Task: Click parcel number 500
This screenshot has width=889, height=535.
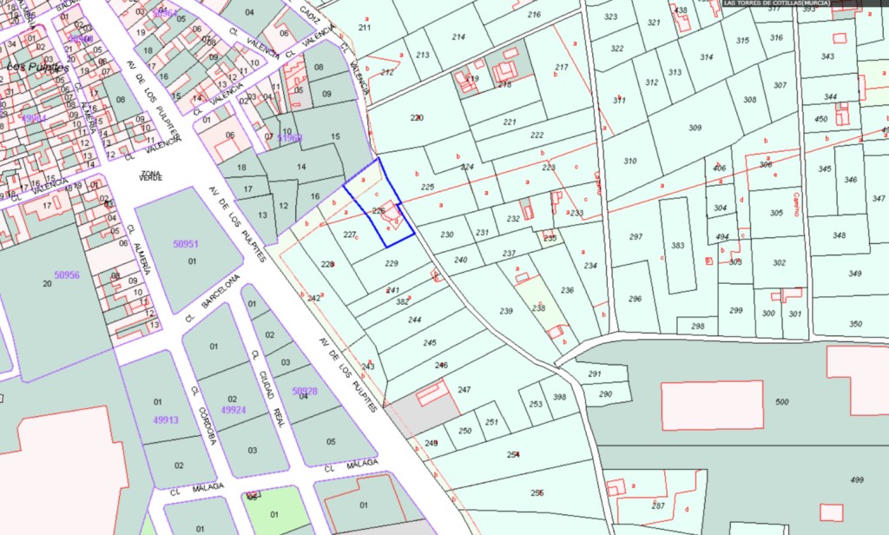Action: coord(782,401)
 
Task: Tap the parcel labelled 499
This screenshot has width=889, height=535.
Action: coord(857,479)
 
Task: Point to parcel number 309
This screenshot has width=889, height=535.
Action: coord(695,128)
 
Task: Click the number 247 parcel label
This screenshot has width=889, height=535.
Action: coord(464,390)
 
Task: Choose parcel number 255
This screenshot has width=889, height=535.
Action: coord(537,492)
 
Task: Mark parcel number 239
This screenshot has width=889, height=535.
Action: coord(506,311)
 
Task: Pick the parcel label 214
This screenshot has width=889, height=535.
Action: coord(458,36)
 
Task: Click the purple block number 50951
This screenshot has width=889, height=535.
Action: coord(186,244)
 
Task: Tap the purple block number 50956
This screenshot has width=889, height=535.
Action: coord(67,274)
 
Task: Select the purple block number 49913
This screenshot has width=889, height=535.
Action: coord(165,419)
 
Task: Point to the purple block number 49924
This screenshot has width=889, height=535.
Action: coord(234,410)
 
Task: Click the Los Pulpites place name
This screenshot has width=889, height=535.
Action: coord(36,67)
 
